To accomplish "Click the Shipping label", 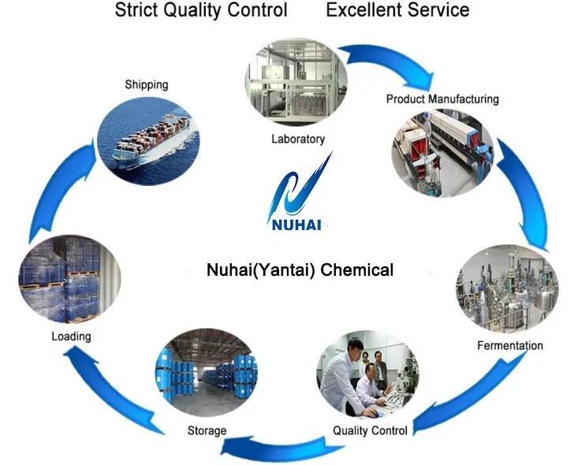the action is (146, 84).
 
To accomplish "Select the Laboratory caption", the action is (297, 139).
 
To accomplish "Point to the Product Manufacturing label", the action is (442, 99).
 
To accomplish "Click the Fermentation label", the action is (510, 345).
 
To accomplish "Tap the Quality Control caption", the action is (370, 430).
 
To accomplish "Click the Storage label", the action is (207, 430).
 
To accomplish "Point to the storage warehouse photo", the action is (207, 374).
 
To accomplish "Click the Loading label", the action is (72, 337).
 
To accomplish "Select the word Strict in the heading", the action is (139, 11).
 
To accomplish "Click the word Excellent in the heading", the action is (367, 11).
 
